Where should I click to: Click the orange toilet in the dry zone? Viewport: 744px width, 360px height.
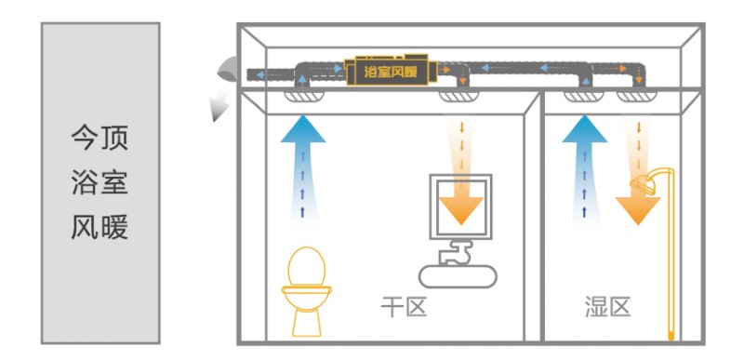click(x=307, y=292)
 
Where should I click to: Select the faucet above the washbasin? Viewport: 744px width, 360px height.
click(x=456, y=252)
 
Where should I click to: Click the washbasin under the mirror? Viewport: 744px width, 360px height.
click(x=458, y=276)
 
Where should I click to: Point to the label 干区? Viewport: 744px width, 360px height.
click(x=404, y=307)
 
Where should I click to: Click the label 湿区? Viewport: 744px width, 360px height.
click(x=607, y=307)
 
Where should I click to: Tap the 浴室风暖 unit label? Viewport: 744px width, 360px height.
click(x=391, y=73)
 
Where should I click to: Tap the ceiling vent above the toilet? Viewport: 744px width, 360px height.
click(x=304, y=97)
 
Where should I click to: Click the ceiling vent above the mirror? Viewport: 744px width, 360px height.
click(x=458, y=97)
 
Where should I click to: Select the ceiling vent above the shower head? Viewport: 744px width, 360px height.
click(x=637, y=97)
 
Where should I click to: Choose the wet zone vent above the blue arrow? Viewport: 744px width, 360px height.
click(x=584, y=97)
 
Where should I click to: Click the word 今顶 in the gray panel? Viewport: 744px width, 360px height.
click(x=100, y=138)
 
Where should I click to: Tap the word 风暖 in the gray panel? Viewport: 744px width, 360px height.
click(x=100, y=227)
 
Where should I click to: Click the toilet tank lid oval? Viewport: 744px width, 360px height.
click(x=307, y=266)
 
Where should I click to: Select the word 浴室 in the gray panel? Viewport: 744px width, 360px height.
click(x=100, y=182)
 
